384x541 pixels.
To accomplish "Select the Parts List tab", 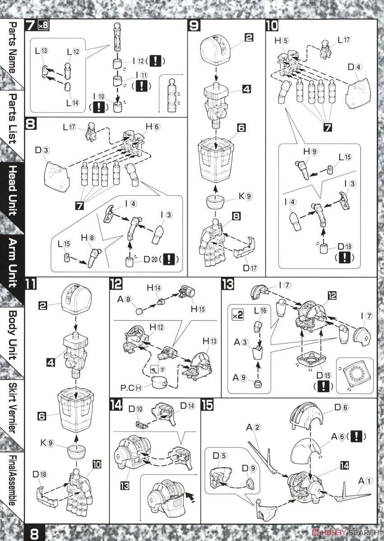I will (12, 119).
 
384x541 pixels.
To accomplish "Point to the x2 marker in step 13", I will (237, 314).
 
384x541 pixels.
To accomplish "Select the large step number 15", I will (208, 405).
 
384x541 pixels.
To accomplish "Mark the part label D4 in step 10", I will (354, 68).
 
